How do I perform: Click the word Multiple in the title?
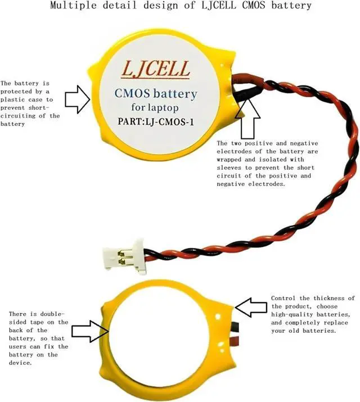point(71,6)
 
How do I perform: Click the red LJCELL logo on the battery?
point(156,71)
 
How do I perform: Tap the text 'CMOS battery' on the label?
point(155,93)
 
